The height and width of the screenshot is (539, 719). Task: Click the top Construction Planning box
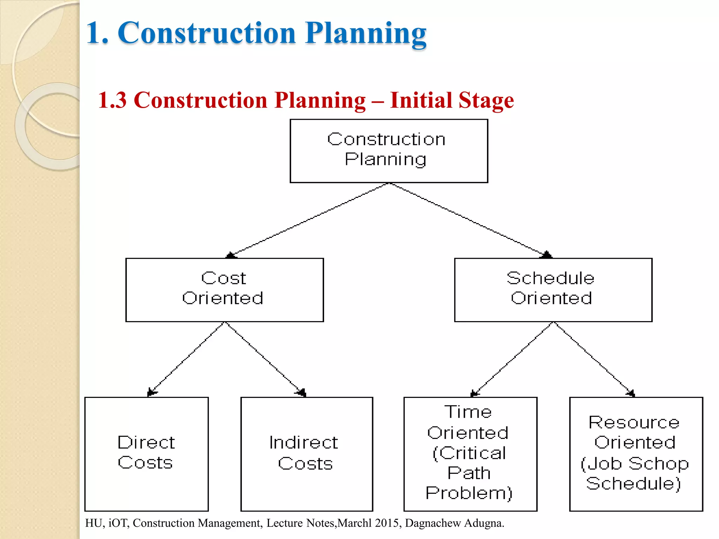click(389, 151)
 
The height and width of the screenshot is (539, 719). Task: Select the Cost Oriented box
click(224, 290)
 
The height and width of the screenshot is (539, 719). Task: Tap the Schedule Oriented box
click(553, 290)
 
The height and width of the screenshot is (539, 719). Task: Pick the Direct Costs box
click(146, 454)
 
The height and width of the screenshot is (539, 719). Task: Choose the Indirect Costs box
click(306, 454)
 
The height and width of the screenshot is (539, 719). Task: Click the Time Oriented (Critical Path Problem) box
click(470, 454)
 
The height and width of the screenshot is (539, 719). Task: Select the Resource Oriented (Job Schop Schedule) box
click(636, 454)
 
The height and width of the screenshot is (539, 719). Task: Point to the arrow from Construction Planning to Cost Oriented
click(309, 220)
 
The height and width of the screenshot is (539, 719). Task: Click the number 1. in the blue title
click(97, 33)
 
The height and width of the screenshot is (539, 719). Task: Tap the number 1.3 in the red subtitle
click(112, 100)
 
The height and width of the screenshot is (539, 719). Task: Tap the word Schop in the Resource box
click(658, 464)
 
